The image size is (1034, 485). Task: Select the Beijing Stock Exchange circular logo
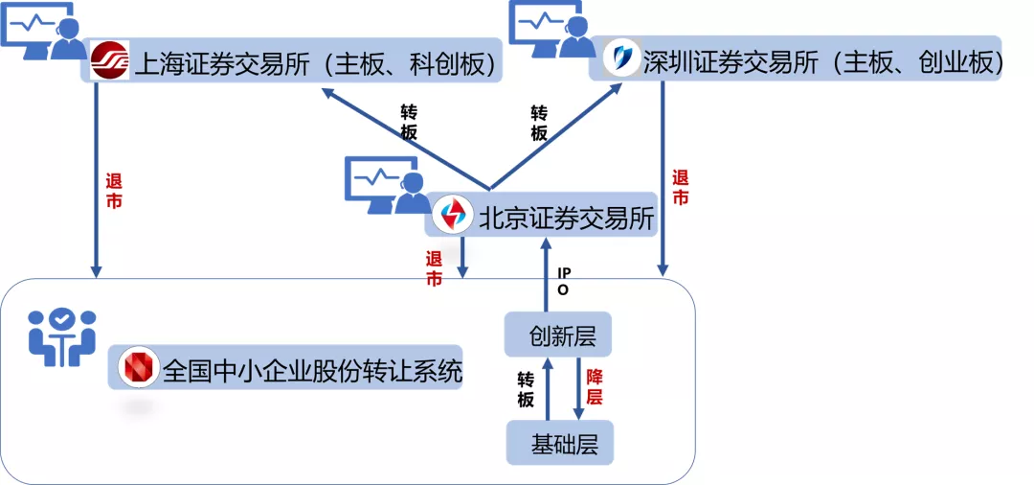click(x=450, y=216)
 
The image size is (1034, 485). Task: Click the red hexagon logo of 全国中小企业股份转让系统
click(x=138, y=368)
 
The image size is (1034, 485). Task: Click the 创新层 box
click(x=557, y=336)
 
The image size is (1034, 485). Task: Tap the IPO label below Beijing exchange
click(x=563, y=281)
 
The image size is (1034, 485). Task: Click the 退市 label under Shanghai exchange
click(x=113, y=191)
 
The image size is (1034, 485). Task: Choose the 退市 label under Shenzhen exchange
click(x=680, y=188)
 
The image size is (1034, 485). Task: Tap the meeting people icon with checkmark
click(x=61, y=337)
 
